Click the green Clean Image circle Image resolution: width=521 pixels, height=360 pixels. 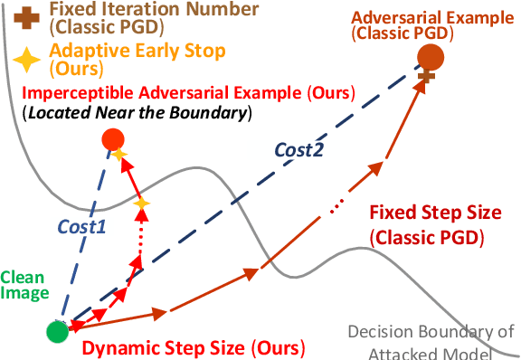click(58, 331)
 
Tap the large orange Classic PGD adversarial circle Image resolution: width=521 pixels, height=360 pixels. click(431, 57)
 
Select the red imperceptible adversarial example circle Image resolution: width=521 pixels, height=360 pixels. click(113, 139)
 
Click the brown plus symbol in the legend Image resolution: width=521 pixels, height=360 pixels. click(26, 17)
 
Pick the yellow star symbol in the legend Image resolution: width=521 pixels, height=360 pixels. click(26, 60)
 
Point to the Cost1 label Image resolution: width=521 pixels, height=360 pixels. click(81, 227)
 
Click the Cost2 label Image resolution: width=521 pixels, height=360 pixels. click(299, 150)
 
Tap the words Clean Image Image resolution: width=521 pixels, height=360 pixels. click(24, 285)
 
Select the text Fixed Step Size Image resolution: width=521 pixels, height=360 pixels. click(436, 213)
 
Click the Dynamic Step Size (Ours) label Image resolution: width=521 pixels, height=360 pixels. click(194, 348)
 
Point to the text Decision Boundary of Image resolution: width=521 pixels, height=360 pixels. click(431, 331)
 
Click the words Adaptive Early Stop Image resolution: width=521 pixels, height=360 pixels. click(137, 51)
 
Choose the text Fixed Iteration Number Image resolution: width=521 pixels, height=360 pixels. click(154, 9)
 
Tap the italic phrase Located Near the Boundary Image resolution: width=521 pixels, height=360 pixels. click(137, 113)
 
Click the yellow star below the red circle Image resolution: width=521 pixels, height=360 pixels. click(119, 154)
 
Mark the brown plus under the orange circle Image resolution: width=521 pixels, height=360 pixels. click(427, 76)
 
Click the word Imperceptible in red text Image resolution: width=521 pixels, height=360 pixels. click(78, 93)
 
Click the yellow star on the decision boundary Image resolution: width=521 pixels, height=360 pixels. click(141, 204)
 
